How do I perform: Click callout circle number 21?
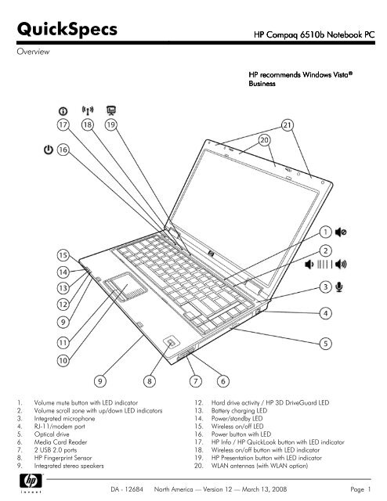288,124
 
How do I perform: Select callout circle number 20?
257,140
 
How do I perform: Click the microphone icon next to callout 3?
339,287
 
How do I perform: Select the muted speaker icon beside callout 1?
342,232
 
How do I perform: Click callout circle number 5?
324,342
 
